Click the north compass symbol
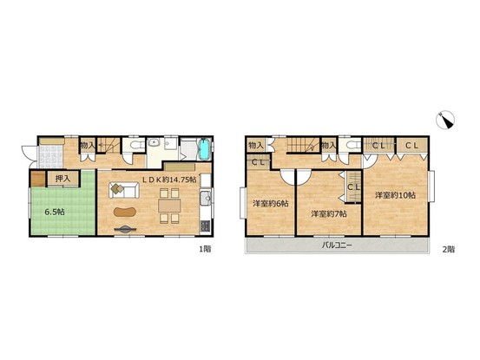(444, 120)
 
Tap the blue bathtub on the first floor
(204, 149)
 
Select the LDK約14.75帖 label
(169, 180)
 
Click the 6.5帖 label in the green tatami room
(55, 212)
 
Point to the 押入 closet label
(62, 179)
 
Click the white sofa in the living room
(124, 190)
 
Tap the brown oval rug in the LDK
(125, 212)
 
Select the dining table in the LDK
(169, 206)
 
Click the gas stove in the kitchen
(205, 226)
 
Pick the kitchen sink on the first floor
(205, 199)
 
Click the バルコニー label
(337, 245)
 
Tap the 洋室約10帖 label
(395, 195)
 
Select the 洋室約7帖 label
(329, 213)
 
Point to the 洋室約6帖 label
(270, 203)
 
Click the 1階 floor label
(205, 249)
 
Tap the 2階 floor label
(449, 249)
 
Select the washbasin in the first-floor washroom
(153, 143)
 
